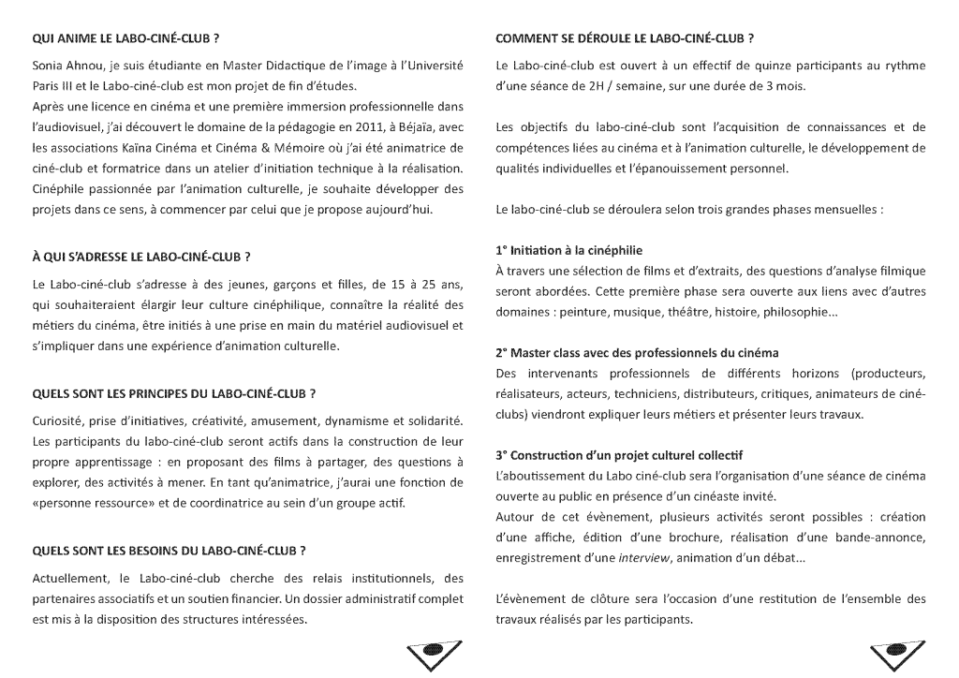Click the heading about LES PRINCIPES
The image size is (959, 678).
click(173, 391)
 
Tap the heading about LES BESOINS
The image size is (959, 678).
click(170, 550)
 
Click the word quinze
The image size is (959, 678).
click(747, 67)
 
